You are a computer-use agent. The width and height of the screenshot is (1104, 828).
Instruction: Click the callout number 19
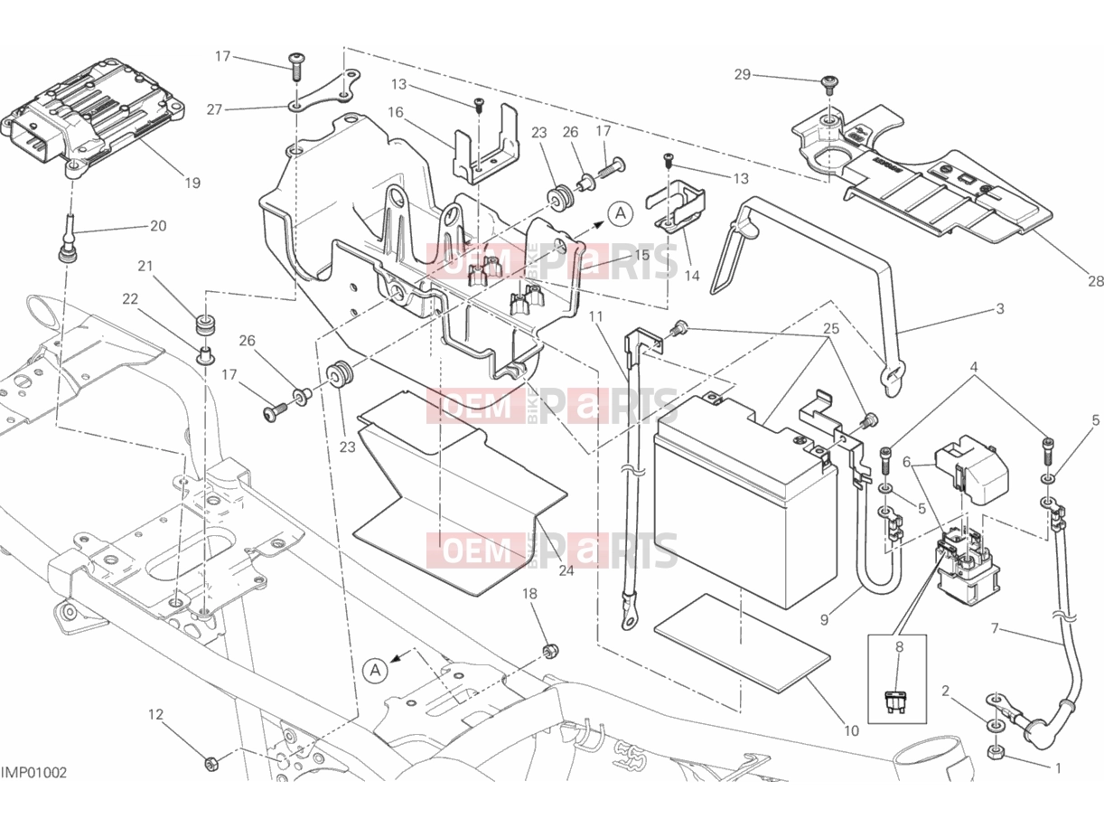192,183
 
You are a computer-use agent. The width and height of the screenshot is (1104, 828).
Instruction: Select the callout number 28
1096,281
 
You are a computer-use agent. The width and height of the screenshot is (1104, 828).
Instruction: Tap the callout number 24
566,570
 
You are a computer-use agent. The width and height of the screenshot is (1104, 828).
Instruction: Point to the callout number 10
851,731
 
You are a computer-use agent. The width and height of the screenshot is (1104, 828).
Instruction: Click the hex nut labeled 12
211,764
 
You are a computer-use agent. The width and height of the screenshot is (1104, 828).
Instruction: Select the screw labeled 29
828,83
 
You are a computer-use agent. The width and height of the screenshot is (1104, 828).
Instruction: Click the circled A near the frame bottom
375,671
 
